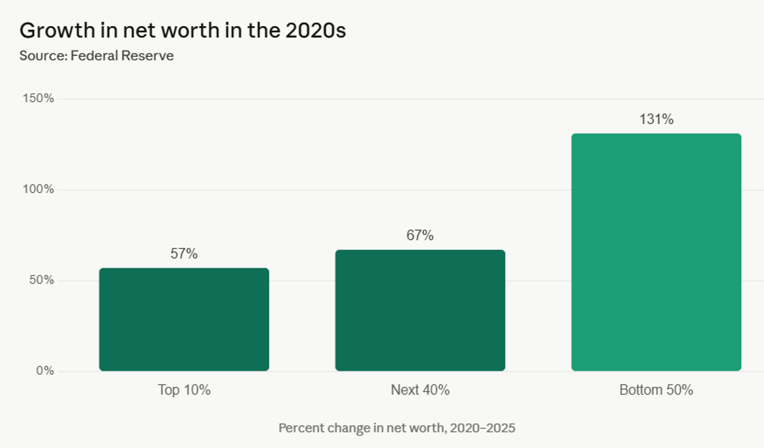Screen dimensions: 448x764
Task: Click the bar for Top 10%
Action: [184, 319]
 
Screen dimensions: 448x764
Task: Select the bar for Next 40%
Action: [420, 311]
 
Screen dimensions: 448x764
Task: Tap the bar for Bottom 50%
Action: [656, 252]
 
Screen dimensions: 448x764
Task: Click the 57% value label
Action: [184, 254]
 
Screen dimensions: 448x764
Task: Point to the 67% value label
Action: [420, 235]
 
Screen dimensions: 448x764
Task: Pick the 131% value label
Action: [656, 119]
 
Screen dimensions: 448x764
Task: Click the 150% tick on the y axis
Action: [39, 99]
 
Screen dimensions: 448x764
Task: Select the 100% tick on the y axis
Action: [39, 190]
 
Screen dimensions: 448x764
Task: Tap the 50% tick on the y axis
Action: [41, 281]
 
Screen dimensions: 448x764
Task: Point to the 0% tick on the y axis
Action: [45, 371]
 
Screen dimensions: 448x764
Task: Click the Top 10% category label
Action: [184, 390]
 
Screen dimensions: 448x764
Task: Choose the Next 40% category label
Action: [420, 390]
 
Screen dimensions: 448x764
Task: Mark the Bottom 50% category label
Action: [656, 390]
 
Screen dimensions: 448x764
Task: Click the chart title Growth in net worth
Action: [183, 30]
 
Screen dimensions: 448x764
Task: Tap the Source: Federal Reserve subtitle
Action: [96, 55]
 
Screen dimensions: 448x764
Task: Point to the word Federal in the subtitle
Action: [94, 55]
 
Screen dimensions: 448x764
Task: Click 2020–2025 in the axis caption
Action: [482, 428]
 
